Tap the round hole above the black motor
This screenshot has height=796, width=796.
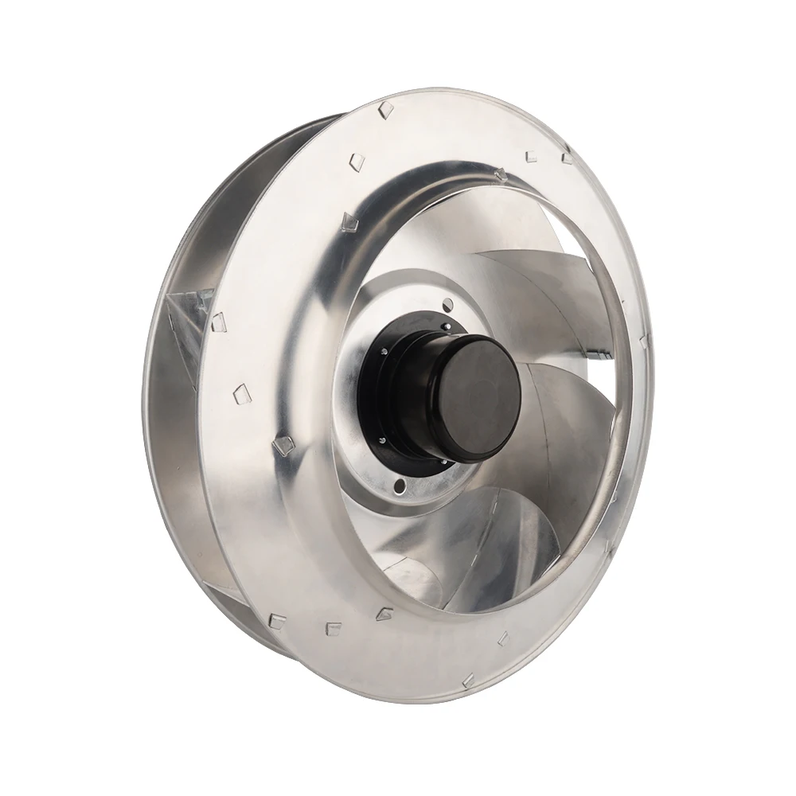tap(447, 302)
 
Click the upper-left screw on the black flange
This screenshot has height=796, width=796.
tap(384, 351)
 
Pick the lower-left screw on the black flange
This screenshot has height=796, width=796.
tap(382, 440)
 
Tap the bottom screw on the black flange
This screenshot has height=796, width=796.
tap(443, 462)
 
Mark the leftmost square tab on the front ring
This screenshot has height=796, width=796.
tap(218, 322)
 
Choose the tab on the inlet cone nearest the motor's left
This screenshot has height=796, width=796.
tap(283, 444)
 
